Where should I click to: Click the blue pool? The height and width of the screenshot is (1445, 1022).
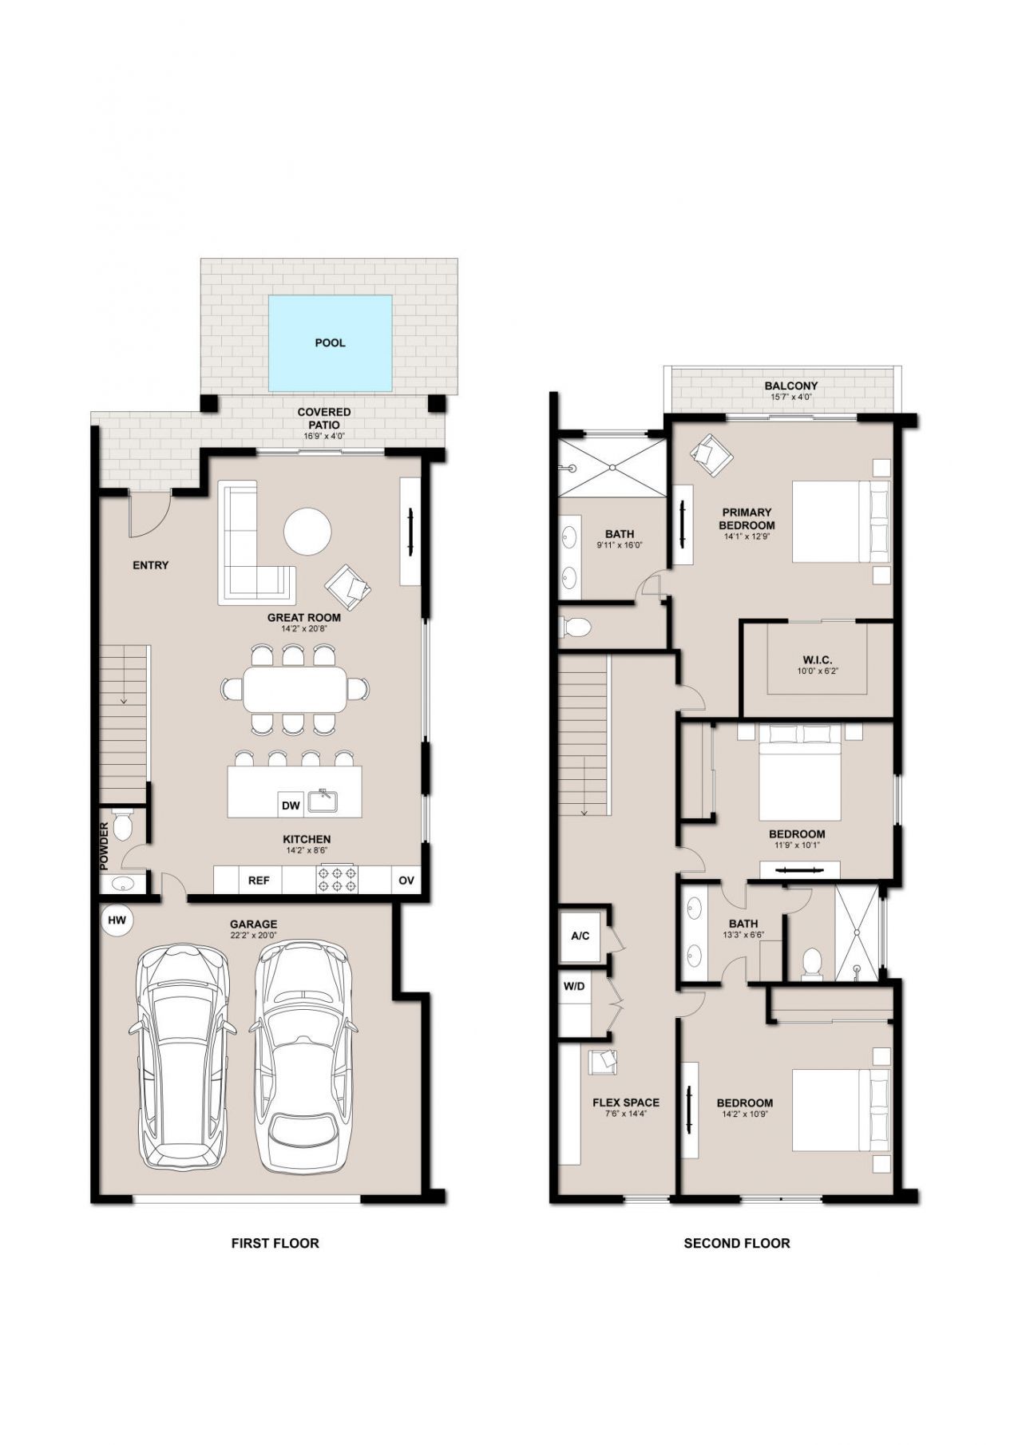330,343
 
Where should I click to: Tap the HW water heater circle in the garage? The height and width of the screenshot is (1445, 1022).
117,920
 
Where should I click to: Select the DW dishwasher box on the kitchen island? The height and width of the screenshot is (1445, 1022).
291,806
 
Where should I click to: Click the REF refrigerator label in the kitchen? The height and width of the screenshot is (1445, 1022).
259,881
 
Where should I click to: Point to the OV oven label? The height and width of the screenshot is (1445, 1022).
406,881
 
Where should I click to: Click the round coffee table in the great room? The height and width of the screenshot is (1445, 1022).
307,531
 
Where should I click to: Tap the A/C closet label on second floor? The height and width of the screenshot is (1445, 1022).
580,935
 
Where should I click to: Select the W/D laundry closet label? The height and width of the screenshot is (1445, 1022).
574,986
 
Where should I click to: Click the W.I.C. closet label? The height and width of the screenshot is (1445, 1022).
817,659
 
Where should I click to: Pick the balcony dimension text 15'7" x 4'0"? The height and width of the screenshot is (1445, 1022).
791,397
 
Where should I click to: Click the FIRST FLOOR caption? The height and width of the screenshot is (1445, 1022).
275,1243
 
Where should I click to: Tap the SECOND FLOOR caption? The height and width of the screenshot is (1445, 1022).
736,1243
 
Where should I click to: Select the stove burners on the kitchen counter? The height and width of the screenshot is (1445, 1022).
338,880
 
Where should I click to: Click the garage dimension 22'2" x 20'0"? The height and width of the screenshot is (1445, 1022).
254,936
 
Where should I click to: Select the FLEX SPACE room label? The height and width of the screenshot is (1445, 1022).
626,1103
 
